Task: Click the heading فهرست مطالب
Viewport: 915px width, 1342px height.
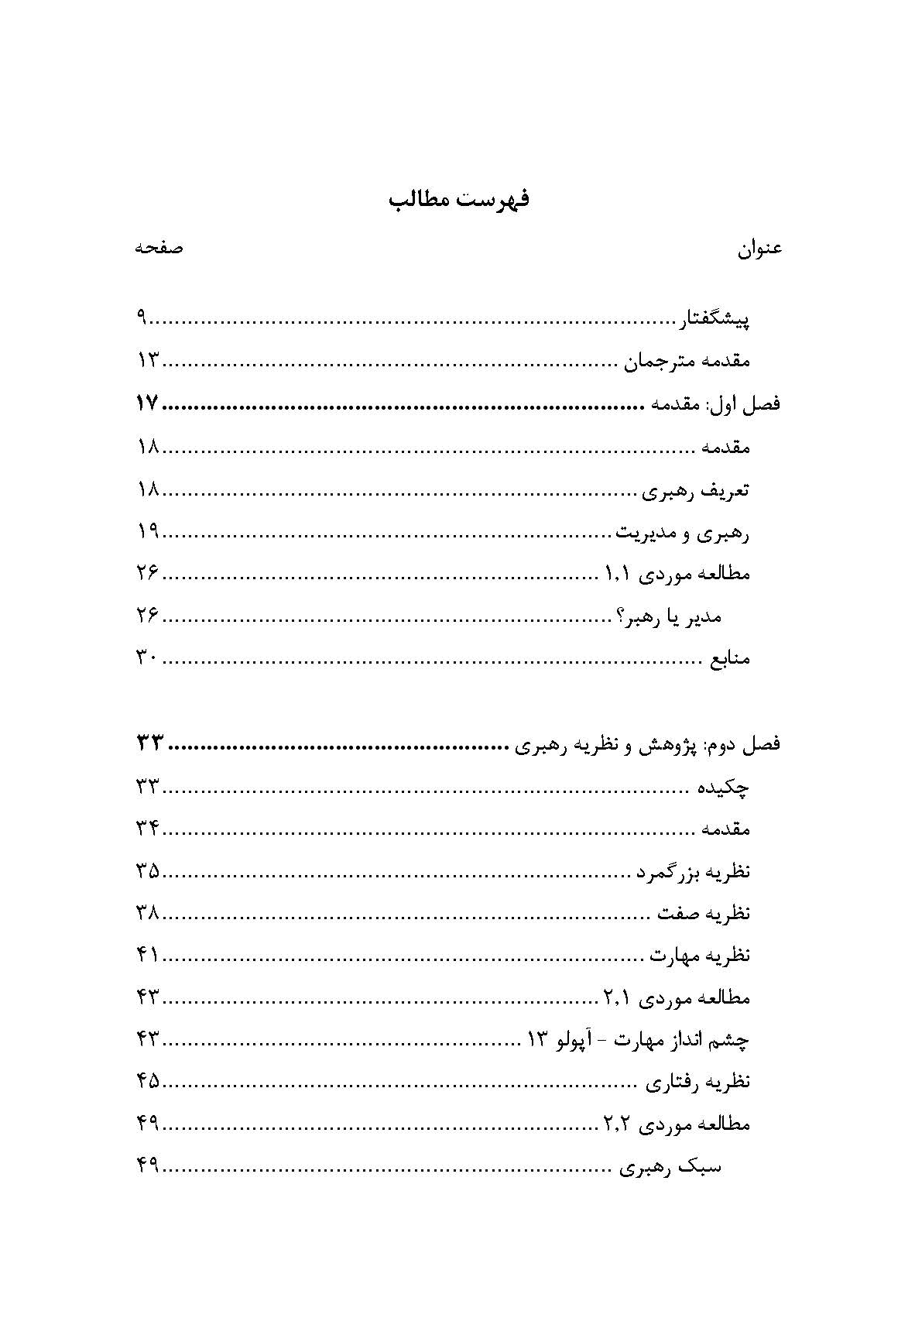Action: [458, 200]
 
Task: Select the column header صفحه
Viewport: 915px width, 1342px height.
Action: [159, 249]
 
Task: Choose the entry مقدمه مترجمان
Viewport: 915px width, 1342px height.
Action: [687, 362]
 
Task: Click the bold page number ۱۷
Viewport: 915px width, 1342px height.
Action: [146, 403]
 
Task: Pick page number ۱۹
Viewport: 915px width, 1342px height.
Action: [147, 532]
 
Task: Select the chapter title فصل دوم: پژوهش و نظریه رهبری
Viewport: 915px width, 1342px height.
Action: [646, 745]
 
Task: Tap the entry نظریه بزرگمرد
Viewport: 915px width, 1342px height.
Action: [692, 873]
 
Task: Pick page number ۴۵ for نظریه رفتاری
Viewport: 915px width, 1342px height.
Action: [147, 1082]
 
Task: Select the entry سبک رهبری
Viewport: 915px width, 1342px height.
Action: [670, 1168]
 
